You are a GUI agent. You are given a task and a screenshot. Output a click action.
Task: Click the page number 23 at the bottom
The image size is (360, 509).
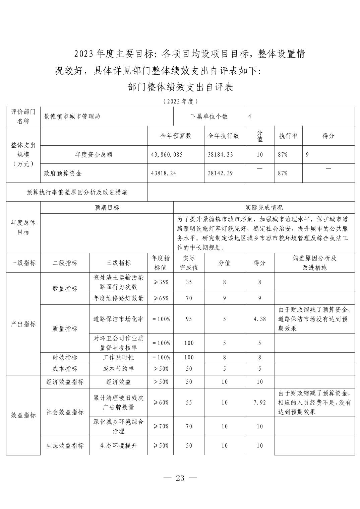click(180, 478)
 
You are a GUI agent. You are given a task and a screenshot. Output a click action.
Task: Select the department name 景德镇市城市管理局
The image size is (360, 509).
click(72, 117)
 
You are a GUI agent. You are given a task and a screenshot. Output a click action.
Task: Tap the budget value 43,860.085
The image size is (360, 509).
click(167, 155)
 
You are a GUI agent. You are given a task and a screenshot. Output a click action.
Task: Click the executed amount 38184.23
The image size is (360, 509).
click(220, 155)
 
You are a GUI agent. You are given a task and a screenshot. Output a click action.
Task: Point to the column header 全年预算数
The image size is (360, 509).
click(176, 136)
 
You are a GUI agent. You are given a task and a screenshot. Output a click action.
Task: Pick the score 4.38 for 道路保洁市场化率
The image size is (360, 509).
click(259, 319)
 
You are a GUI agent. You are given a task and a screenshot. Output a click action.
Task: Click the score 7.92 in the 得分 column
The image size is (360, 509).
click(259, 403)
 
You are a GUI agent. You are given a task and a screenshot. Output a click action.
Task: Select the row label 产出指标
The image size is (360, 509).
click(23, 324)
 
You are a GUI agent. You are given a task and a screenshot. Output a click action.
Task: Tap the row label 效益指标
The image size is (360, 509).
click(23, 415)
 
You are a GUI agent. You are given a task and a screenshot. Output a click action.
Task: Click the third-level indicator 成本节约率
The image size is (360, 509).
click(118, 369)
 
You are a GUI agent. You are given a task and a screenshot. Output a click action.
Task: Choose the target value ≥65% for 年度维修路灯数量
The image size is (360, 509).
click(161, 298)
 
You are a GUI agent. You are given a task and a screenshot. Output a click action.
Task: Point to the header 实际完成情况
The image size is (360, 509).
click(264, 208)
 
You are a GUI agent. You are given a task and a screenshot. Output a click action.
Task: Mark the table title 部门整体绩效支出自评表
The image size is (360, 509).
click(180, 87)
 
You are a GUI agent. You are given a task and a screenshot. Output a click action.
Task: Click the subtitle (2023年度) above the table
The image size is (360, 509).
click(180, 101)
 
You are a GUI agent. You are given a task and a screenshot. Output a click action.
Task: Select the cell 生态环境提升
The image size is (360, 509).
click(118, 446)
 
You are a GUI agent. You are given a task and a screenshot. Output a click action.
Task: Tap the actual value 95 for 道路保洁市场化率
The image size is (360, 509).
click(189, 319)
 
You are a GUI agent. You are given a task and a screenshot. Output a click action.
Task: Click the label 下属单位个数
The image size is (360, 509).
click(209, 117)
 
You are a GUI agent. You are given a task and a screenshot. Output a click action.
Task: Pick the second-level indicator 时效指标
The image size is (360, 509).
click(65, 358)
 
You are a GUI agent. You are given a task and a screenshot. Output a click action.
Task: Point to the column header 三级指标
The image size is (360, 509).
click(118, 263)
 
